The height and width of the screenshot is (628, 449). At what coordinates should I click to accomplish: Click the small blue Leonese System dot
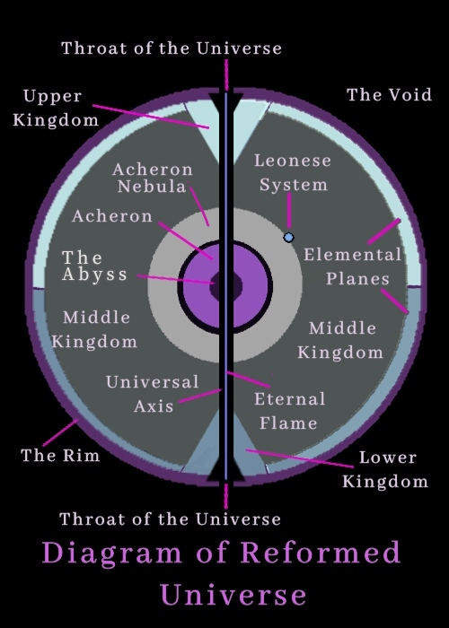[288, 238]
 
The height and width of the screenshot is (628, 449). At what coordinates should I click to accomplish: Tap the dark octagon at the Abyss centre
[225, 285]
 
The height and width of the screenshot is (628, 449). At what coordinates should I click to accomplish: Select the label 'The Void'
[389, 95]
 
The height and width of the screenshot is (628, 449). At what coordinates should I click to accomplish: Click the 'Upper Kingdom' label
[56, 108]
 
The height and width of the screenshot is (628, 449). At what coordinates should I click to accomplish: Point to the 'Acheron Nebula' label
[153, 178]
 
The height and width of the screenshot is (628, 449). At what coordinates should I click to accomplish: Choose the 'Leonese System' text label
[293, 172]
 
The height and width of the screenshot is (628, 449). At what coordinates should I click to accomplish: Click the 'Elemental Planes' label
[353, 266]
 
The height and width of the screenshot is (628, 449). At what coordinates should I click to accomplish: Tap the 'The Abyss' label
[94, 266]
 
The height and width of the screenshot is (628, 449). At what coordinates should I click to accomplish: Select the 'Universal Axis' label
[153, 394]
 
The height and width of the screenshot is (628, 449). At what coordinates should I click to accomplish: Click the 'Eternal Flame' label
[289, 411]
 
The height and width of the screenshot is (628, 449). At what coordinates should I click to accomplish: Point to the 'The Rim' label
[60, 456]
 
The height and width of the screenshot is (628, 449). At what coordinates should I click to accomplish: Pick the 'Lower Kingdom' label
[385, 469]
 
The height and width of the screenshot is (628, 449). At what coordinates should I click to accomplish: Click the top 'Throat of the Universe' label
[172, 48]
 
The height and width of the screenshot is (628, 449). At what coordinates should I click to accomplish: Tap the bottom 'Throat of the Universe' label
[171, 519]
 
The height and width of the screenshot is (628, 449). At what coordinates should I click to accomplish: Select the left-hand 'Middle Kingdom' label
[94, 329]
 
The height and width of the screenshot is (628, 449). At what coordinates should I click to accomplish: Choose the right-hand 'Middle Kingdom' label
[340, 340]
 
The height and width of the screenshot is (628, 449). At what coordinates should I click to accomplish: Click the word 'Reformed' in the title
[321, 552]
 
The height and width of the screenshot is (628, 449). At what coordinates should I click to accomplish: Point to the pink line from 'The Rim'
[60, 432]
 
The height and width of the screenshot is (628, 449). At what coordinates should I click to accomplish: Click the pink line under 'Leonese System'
[289, 211]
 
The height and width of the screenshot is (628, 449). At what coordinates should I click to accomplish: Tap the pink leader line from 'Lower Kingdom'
[300, 458]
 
